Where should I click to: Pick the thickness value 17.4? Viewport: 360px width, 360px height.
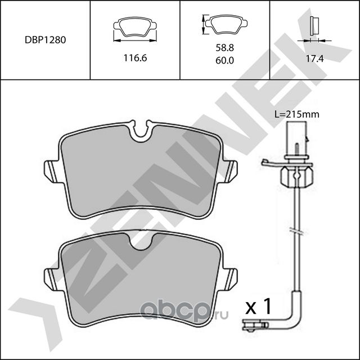[314, 58]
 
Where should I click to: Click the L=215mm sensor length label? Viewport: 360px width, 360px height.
[296, 114]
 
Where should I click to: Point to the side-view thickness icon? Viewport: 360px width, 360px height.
[314, 27]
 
